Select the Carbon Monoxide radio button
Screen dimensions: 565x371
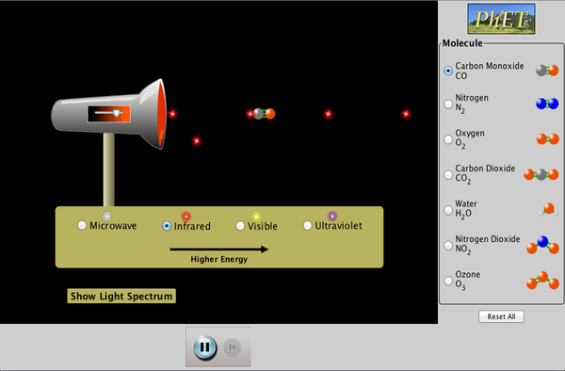point(447,71)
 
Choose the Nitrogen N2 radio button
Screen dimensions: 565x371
point(447,104)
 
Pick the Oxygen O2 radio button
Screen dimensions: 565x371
point(447,138)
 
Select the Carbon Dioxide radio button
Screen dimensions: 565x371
point(447,173)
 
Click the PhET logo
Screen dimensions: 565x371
point(502,18)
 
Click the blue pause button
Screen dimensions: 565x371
point(204,347)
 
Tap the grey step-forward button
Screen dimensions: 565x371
point(232,347)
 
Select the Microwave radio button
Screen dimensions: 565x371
point(83,226)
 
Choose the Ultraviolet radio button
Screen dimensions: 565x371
point(308,226)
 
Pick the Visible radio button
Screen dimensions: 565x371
point(241,226)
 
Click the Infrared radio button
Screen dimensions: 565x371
point(167,226)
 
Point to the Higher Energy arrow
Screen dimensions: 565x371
point(218,250)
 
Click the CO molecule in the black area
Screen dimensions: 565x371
point(265,114)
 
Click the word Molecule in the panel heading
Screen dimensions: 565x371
point(463,43)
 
